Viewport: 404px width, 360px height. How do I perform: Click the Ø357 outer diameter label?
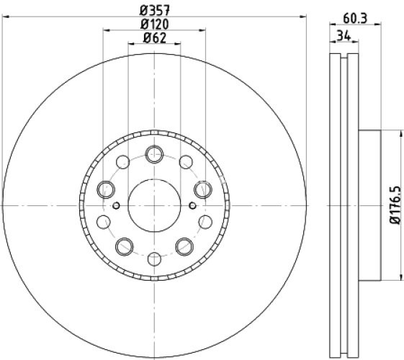pos(154,10)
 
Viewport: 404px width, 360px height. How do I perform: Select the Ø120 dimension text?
pos(154,24)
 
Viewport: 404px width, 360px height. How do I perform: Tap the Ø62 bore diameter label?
pos(154,39)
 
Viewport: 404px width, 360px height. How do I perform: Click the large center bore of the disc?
pos(154,204)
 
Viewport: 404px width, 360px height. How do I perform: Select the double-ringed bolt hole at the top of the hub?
pos(154,153)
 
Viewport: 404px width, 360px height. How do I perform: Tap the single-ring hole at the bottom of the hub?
pos(154,258)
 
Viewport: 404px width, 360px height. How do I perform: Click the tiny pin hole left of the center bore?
pos(117,205)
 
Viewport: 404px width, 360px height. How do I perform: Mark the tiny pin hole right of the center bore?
pos(192,205)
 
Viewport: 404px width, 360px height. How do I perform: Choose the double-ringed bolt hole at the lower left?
pos(125,246)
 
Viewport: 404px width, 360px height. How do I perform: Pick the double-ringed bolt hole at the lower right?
pos(184,246)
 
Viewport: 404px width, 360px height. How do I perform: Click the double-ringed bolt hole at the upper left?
pos(106,189)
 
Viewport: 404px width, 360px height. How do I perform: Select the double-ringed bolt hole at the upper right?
pos(202,189)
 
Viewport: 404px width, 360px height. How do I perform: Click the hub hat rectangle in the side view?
pos(368,205)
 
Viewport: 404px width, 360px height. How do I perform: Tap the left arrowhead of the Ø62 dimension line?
pos(131,45)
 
